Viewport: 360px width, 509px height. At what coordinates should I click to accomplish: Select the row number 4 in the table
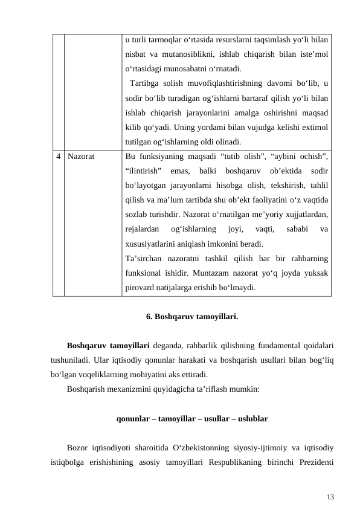click(59, 156)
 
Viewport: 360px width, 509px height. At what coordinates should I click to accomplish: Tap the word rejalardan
click(142, 230)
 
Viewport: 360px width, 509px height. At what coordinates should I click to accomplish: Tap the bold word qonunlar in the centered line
click(134, 418)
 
